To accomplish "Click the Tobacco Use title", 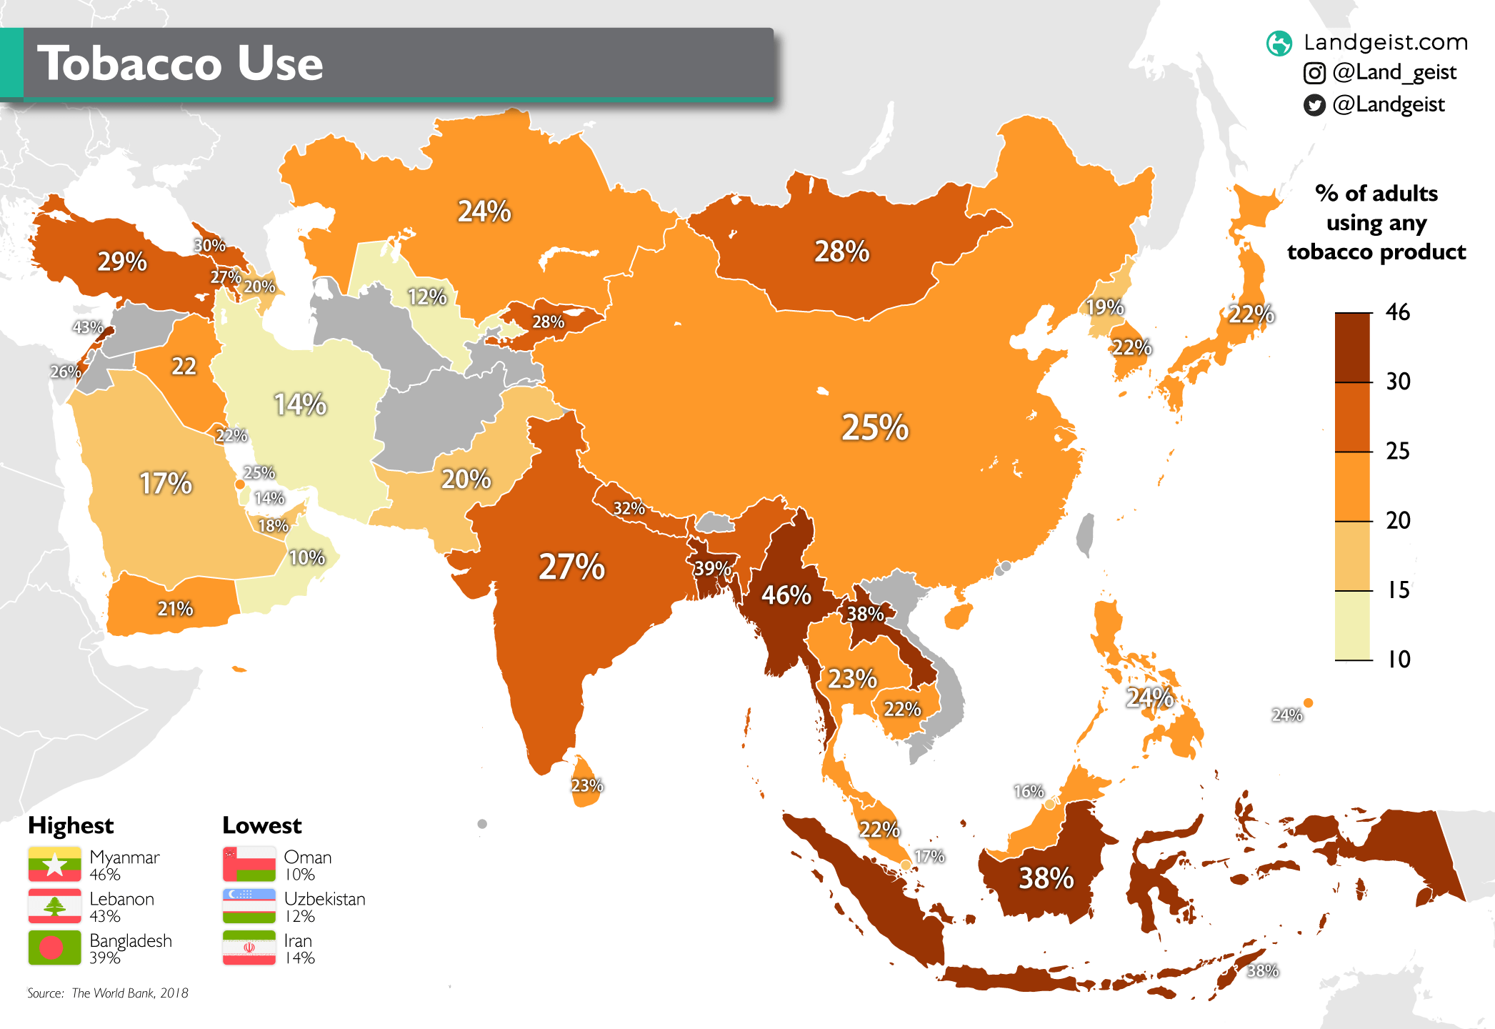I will tap(180, 64).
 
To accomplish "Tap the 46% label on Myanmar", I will tap(786, 595).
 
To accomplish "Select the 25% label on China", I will tap(874, 427).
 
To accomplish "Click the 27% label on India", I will tap(571, 567).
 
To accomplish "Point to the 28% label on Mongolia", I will tap(842, 252).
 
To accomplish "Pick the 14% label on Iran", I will tap(300, 404).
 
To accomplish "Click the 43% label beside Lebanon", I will tap(88, 327).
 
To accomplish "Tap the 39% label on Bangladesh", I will tap(712, 568).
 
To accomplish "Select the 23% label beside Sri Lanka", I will tap(587, 785).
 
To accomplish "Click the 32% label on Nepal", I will tap(629, 508).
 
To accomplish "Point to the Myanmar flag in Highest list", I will tap(54, 865).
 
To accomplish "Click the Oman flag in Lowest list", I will tap(249, 865).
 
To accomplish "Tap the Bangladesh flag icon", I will tap(54, 948).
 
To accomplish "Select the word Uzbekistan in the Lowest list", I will tap(324, 899).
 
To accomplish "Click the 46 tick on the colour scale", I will tap(1398, 312).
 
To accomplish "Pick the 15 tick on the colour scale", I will tap(1398, 590).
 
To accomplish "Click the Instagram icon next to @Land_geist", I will tap(1314, 73).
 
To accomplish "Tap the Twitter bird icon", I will tap(1314, 105).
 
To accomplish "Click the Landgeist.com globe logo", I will tap(1279, 43).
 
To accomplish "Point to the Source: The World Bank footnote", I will tap(108, 993).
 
